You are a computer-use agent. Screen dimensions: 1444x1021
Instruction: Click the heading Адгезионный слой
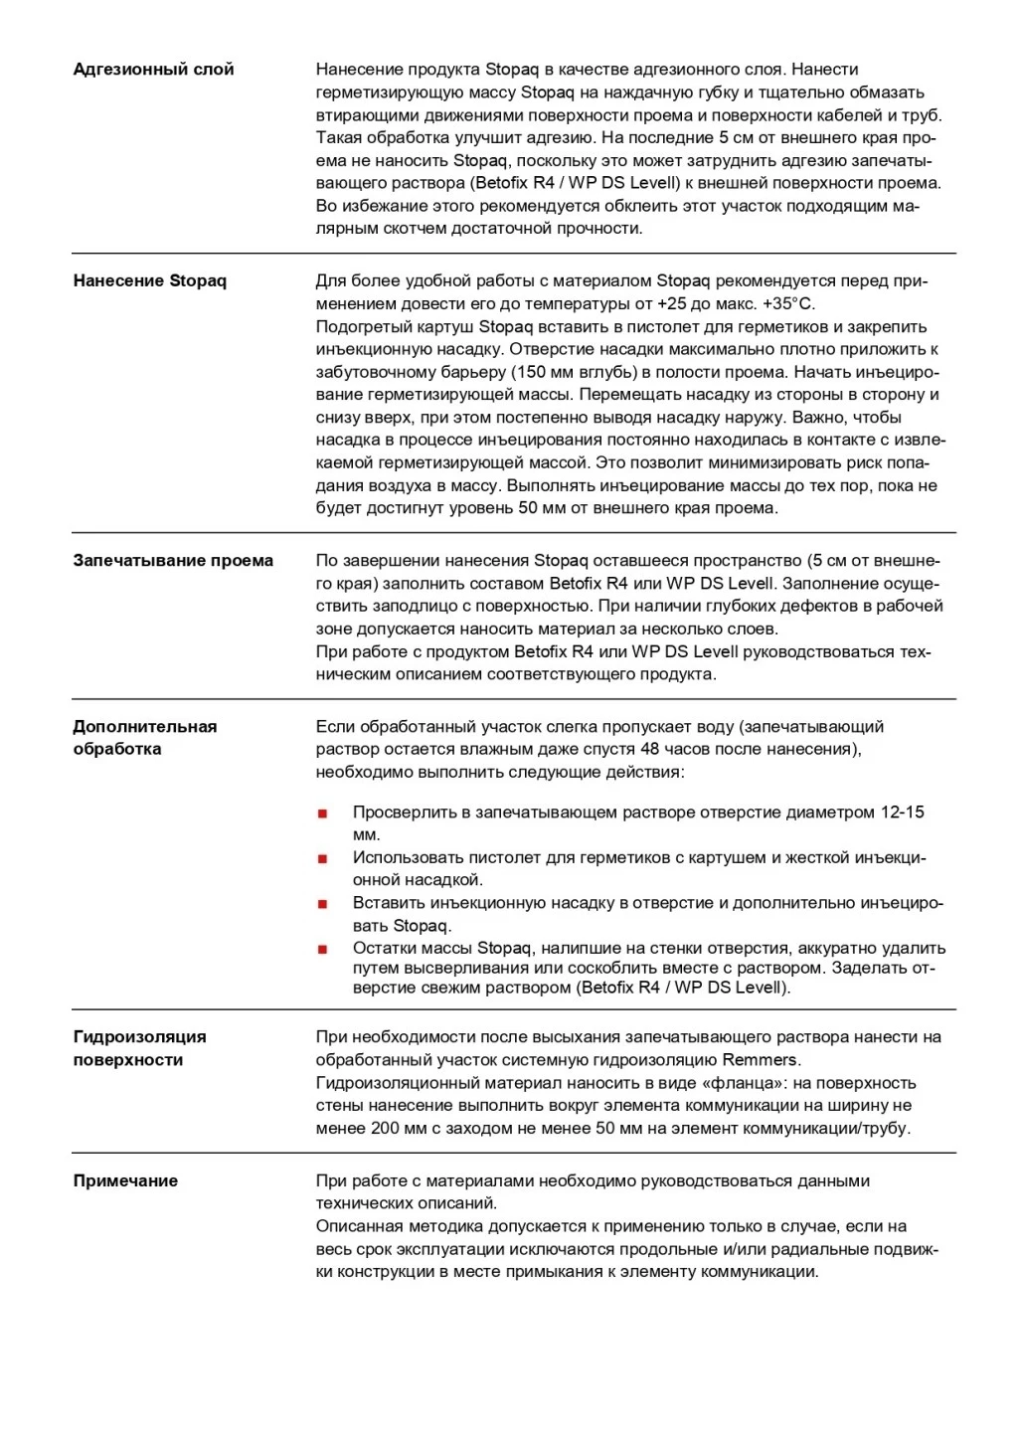click(x=153, y=70)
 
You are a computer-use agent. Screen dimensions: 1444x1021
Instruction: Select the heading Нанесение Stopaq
click(x=149, y=281)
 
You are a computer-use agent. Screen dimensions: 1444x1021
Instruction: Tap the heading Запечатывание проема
click(x=173, y=561)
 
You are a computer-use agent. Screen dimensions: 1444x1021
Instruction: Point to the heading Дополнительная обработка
click(x=144, y=738)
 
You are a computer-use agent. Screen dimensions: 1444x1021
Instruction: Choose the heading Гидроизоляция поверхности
click(x=139, y=1048)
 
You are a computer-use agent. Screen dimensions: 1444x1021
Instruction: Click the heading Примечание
click(x=125, y=1181)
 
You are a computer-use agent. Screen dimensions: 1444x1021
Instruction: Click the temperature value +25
click(x=671, y=304)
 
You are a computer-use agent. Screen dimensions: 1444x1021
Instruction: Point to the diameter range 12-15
click(x=902, y=812)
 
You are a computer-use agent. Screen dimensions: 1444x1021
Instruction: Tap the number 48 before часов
click(x=650, y=749)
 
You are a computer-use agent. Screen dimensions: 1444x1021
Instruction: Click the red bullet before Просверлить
click(x=322, y=813)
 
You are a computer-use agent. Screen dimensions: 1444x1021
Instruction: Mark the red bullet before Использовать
click(x=322, y=858)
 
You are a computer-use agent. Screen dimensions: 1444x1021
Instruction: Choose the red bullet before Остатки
click(x=322, y=949)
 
